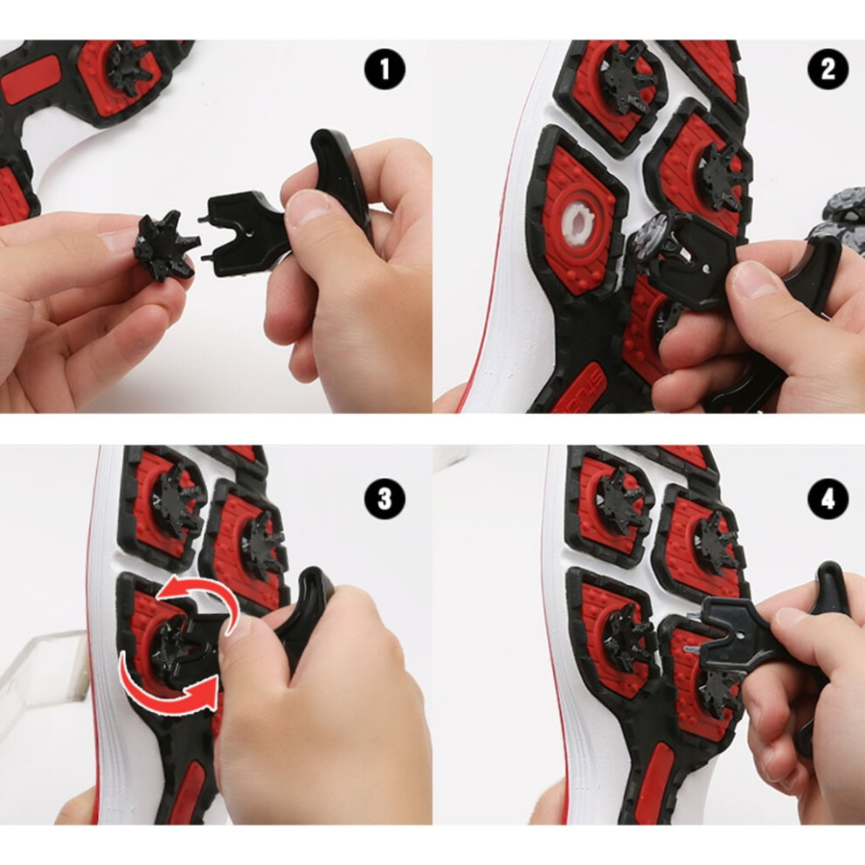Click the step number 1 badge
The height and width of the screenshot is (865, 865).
click(x=384, y=70)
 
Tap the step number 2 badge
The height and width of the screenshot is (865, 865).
click(x=828, y=70)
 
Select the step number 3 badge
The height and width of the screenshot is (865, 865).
click(x=384, y=499)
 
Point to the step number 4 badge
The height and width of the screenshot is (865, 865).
click(x=828, y=499)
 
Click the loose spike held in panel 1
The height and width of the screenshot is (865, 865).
click(x=165, y=246)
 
